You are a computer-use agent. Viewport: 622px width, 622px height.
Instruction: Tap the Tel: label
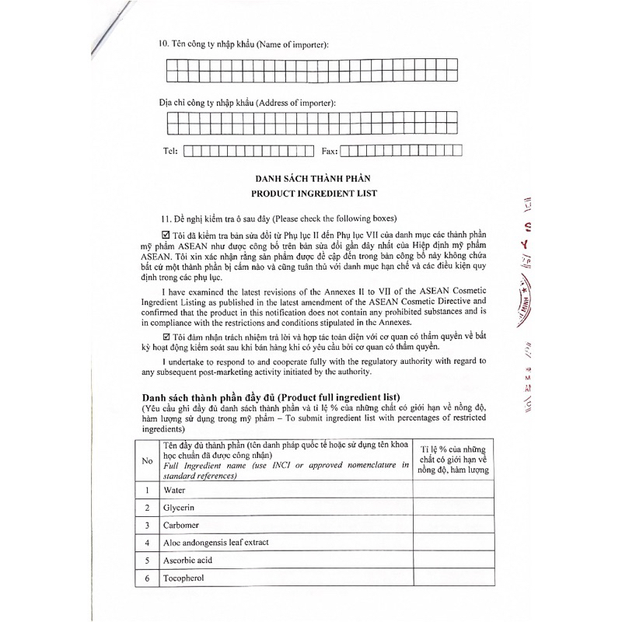pyautogui.click(x=170, y=151)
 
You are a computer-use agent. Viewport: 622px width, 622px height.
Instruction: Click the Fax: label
pyautogui.click(x=329, y=151)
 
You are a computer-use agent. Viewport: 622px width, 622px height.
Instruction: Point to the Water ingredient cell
pyautogui.click(x=174, y=490)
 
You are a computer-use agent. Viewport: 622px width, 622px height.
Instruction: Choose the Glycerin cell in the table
pyautogui.click(x=178, y=508)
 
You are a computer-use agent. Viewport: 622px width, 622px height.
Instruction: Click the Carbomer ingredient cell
pyautogui.click(x=181, y=525)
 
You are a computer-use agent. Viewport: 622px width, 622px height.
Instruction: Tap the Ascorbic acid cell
pyautogui.click(x=187, y=560)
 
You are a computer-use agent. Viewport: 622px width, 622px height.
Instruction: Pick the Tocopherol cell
pyautogui.click(x=183, y=578)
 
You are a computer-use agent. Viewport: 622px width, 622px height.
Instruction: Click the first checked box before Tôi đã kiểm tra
pyautogui.click(x=164, y=235)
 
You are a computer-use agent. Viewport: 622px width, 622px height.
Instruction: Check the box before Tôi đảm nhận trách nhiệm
pyautogui.click(x=164, y=335)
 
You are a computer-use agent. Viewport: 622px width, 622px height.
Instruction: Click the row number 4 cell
pyautogui.click(x=146, y=543)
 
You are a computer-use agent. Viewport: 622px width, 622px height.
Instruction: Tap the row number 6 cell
pyautogui.click(x=146, y=578)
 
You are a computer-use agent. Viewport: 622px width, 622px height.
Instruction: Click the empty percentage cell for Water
pyautogui.click(x=453, y=490)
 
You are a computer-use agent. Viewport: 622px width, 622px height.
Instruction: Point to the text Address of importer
pyautogui.click(x=296, y=103)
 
